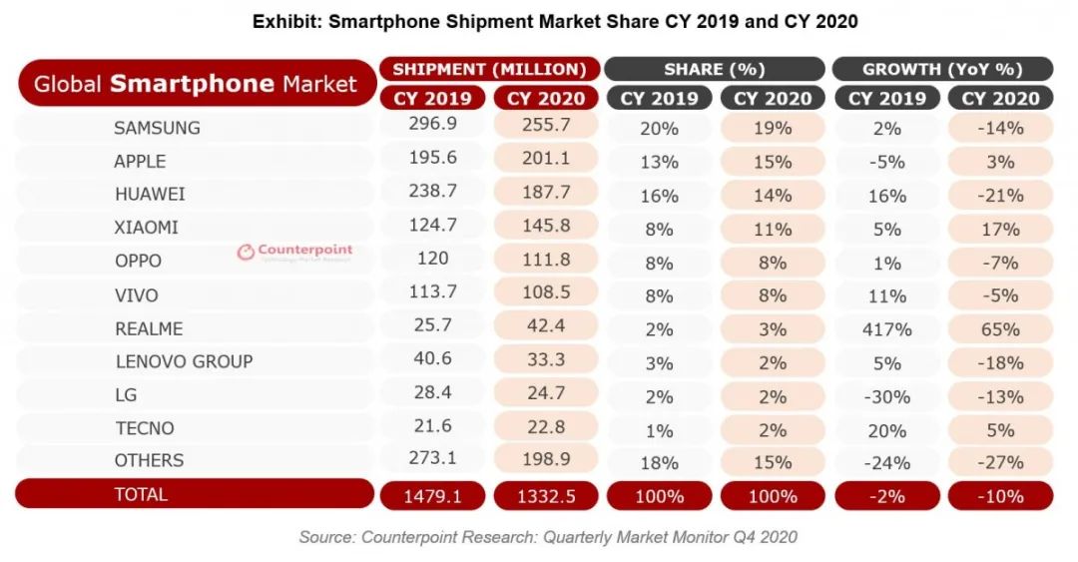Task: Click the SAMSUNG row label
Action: pyautogui.click(x=157, y=128)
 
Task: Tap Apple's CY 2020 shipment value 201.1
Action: pyautogui.click(x=545, y=160)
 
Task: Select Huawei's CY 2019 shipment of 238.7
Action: pyautogui.click(x=431, y=193)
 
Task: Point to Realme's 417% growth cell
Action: pyautogui.click(x=887, y=329)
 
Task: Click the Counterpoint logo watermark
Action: pyautogui.click(x=294, y=253)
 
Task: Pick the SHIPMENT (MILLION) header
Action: pyautogui.click(x=489, y=69)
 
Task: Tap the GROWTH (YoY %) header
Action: pyautogui.click(x=942, y=69)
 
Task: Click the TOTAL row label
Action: pyautogui.click(x=142, y=494)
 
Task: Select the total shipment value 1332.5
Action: pyautogui.click(x=545, y=495)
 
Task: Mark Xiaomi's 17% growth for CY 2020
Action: pyautogui.click(x=999, y=229)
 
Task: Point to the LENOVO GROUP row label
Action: pyautogui.click(x=184, y=361)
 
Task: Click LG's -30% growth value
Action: pyautogui.click(x=887, y=396)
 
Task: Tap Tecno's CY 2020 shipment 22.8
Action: pyautogui.click(x=545, y=427)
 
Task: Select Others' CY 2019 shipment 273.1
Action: pyautogui.click(x=431, y=460)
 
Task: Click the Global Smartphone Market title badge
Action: pyautogui.click(x=196, y=84)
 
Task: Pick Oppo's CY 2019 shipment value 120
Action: pyautogui.click(x=431, y=260)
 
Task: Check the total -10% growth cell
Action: pyautogui.click(x=999, y=496)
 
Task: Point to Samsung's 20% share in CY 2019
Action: pyautogui.click(x=659, y=129)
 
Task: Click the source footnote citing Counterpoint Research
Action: pyautogui.click(x=548, y=537)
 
